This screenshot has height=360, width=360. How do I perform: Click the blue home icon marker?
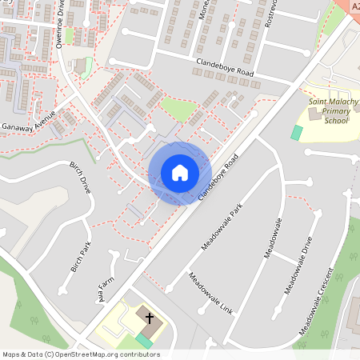click(x=180, y=172)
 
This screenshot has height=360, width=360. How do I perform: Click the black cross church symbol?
click(x=149, y=318)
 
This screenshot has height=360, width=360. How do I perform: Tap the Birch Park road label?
click(x=82, y=257)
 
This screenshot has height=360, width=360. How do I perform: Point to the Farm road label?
click(x=102, y=292)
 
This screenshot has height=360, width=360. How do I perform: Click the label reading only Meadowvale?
click(x=274, y=237)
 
